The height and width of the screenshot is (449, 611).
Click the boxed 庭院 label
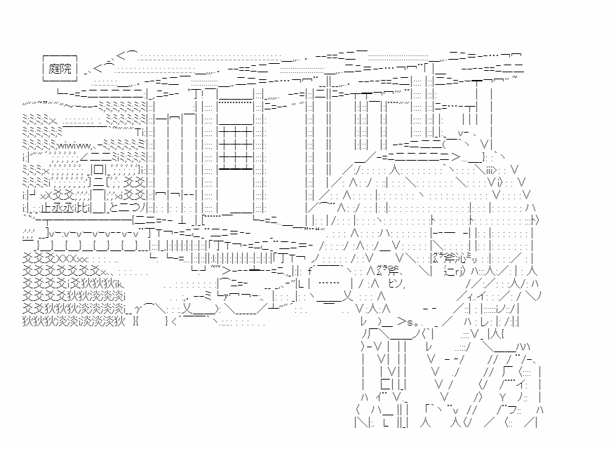click(x=60, y=68)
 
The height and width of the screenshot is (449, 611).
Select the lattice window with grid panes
click(x=240, y=148)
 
